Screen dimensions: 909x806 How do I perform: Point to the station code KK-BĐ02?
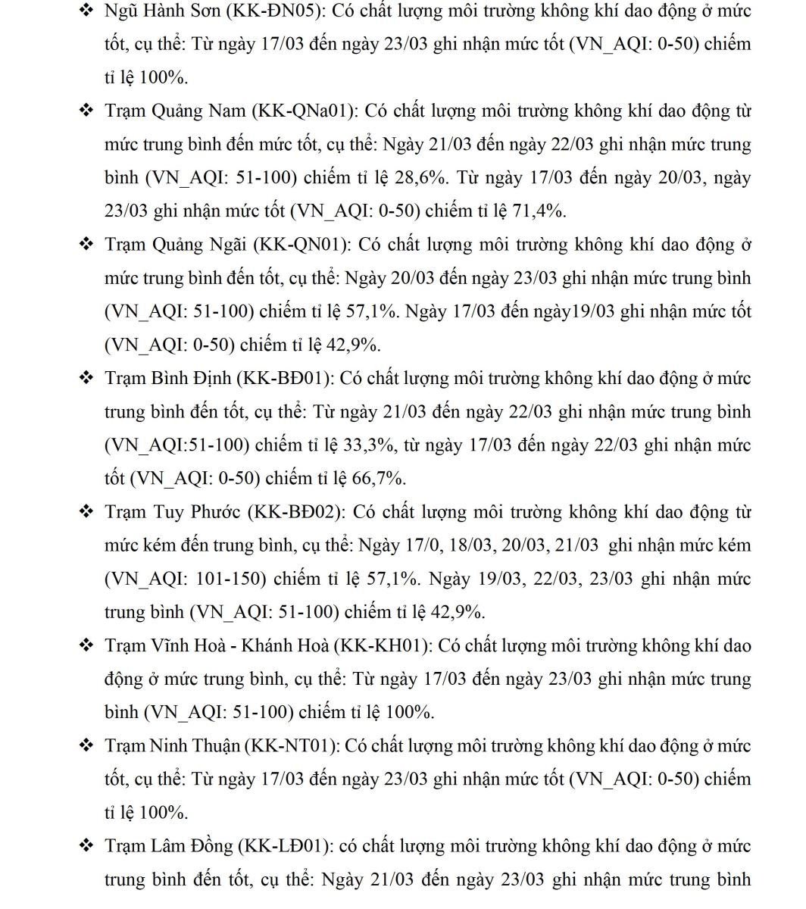(x=296, y=512)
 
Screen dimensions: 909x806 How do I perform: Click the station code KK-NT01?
(x=290, y=746)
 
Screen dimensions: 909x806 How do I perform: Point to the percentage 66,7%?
(x=379, y=479)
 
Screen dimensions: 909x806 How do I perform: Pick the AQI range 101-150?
(x=226, y=579)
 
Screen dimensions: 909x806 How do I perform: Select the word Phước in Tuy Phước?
(x=214, y=512)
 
